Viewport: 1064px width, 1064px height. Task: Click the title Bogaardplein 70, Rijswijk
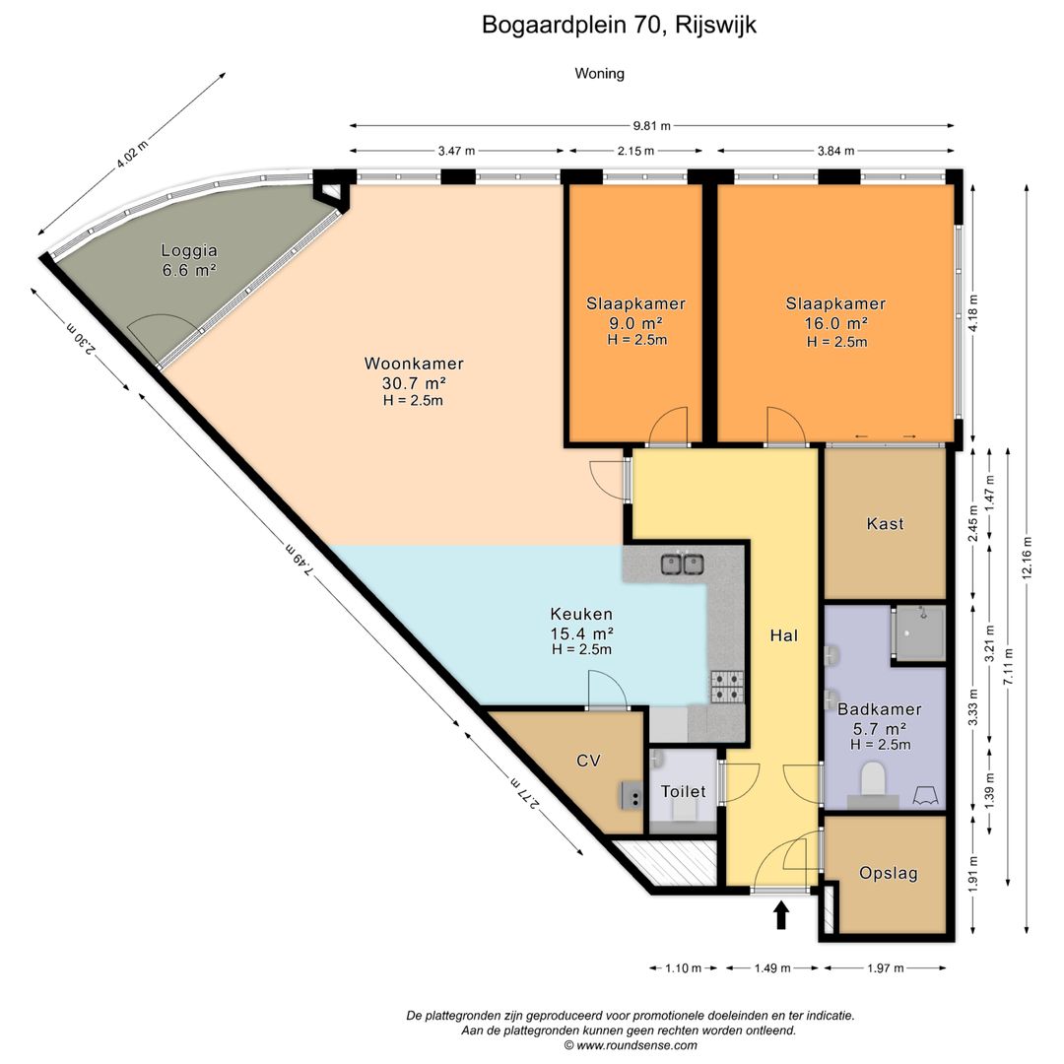619,25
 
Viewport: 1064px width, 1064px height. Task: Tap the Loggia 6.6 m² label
189,260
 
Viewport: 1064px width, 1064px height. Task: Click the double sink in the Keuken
682,565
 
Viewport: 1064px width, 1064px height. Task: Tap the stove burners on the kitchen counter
727,686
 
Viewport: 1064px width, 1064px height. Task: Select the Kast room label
885,524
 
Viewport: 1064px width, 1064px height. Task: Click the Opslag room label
888,873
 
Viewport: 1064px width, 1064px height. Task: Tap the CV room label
588,761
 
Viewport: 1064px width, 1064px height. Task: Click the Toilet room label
683,791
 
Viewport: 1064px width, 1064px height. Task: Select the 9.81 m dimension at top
651,126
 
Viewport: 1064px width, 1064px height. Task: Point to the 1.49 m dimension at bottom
771,967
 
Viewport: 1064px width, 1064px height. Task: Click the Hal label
783,635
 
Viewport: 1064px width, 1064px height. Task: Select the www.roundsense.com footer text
630,1045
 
